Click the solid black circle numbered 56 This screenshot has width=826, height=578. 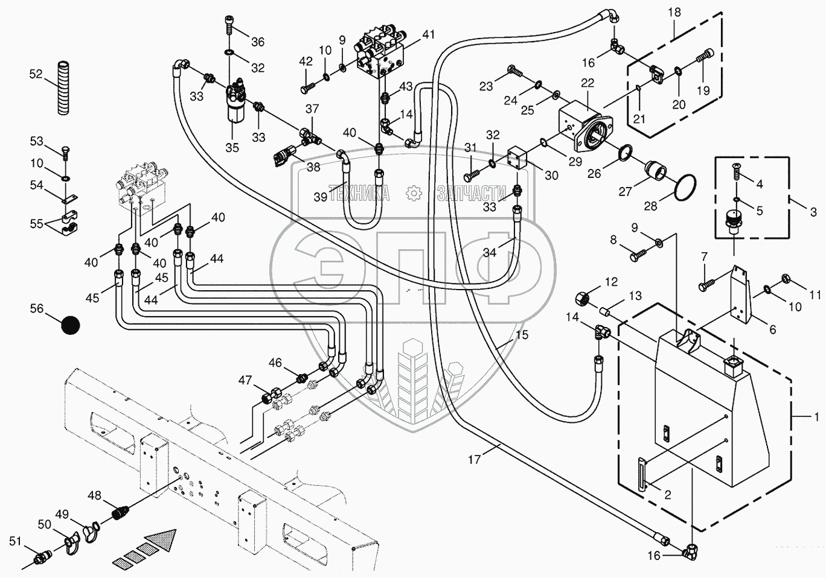pos(71,325)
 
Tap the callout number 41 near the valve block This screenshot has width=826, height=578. pos(428,34)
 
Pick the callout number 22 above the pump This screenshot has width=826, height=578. pos(587,83)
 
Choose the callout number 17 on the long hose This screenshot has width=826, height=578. pos(475,460)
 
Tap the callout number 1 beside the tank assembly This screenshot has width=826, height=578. pos(816,416)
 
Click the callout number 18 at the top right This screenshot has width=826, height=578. pos(674,13)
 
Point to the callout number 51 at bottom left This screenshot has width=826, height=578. pos(14,541)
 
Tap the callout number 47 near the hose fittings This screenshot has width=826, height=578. pos(245,380)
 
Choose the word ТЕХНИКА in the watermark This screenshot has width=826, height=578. pos(359,193)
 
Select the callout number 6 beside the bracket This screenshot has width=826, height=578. pos(772,330)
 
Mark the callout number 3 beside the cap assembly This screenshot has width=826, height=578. pos(813,212)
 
